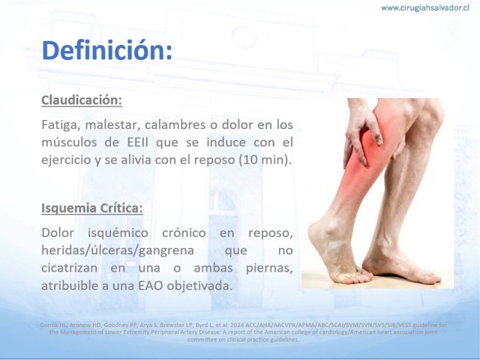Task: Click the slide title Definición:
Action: [x=107, y=50]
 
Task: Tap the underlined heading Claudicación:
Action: [x=82, y=100]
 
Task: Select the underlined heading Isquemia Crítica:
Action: [x=92, y=208]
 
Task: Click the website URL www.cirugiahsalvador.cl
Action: [x=425, y=8]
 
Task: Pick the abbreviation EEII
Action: [x=138, y=142]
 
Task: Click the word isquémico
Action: [x=118, y=233]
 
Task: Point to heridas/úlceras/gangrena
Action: [x=118, y=251]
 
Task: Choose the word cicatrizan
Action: [x=70, y=268]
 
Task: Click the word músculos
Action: [x=70, y=142]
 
